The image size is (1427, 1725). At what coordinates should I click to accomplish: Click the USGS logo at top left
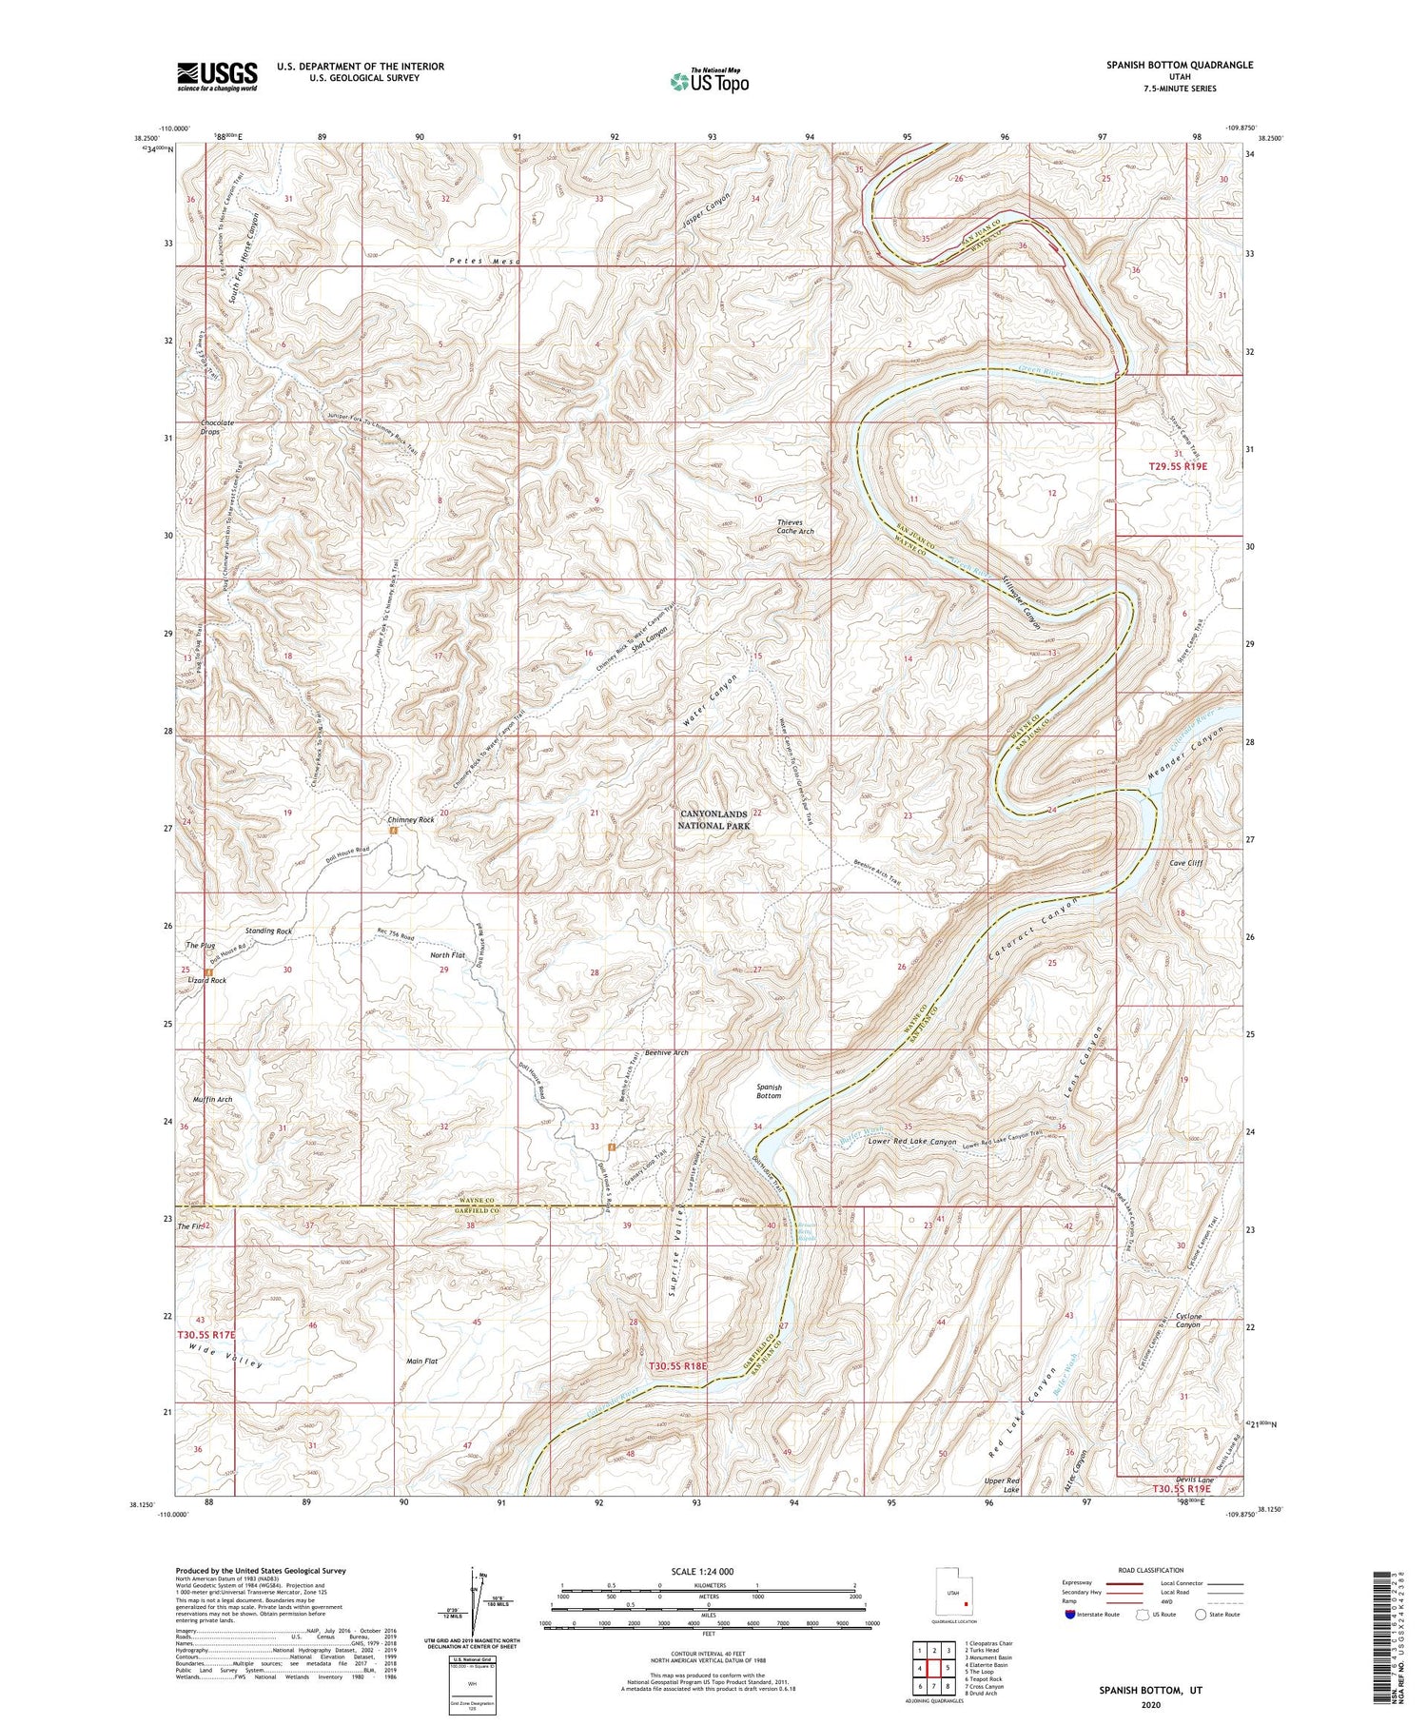[x=217, y=76]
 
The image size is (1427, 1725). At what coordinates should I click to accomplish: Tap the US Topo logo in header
[x=709, y=82]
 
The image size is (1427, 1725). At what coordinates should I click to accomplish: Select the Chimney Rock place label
[x=410, y=819]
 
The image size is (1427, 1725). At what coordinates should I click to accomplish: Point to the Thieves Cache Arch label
[x=794, y=526]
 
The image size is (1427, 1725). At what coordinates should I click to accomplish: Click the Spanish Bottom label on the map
[x=769, y=1090]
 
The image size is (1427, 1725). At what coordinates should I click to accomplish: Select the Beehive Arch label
[x=666, y=1052]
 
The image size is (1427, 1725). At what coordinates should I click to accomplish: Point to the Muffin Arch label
[x=212, y=1100]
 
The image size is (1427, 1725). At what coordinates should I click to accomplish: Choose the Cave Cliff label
[x=1186, y=863]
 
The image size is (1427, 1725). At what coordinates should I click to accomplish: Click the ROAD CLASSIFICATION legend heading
[x=1151, y=1570]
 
